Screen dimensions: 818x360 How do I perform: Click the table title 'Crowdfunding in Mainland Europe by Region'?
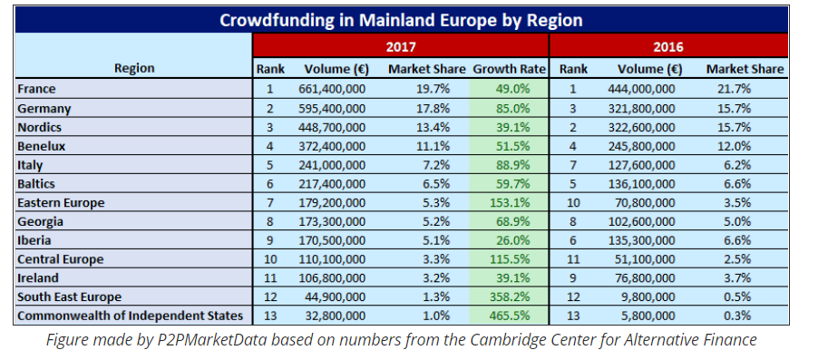point(401,20)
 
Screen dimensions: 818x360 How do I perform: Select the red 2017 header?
point(401,46)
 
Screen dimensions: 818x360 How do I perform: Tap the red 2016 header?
point(668,46)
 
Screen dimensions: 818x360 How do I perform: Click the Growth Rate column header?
point(509,69)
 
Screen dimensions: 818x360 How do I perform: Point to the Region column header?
point(134,68)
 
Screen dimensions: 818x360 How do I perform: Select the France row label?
point(36,89)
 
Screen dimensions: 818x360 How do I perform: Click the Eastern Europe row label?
point(61,203)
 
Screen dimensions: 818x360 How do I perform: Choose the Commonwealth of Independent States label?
point(131,316)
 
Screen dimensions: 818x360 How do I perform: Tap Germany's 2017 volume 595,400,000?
point(332,109)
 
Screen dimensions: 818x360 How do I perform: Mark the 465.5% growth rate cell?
point(509,316)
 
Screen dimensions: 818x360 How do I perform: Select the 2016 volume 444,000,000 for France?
point(641,89)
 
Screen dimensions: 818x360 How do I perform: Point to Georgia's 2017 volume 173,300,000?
point(332,222)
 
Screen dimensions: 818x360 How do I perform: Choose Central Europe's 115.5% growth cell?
point(509,259)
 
